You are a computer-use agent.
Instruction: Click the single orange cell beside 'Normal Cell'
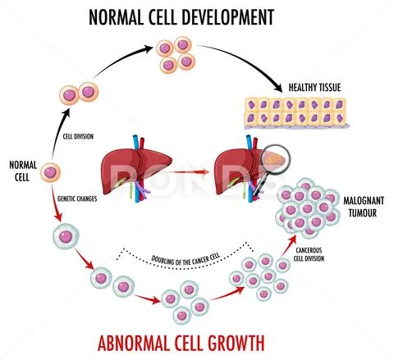click(52, 174)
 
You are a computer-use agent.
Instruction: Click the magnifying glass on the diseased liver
click(274, 163)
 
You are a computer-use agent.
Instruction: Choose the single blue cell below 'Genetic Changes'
click(64, 239)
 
